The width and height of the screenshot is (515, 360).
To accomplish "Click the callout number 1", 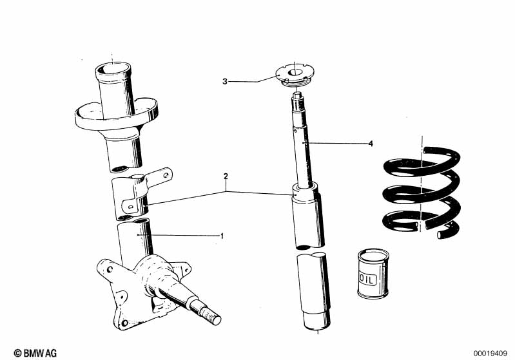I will [x=222, y=236].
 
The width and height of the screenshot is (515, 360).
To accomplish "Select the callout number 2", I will [x=226, y=176].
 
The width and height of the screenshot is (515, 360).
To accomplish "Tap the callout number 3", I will [x=225, y=81].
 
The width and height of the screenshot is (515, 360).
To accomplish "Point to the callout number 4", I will [x=371, y=144].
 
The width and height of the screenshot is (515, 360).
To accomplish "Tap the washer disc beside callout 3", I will [x=294, y=75].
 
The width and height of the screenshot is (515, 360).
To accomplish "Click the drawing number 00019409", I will [x=492, y=353].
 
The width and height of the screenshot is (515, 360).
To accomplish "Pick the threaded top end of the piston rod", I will [x=297, y=98].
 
